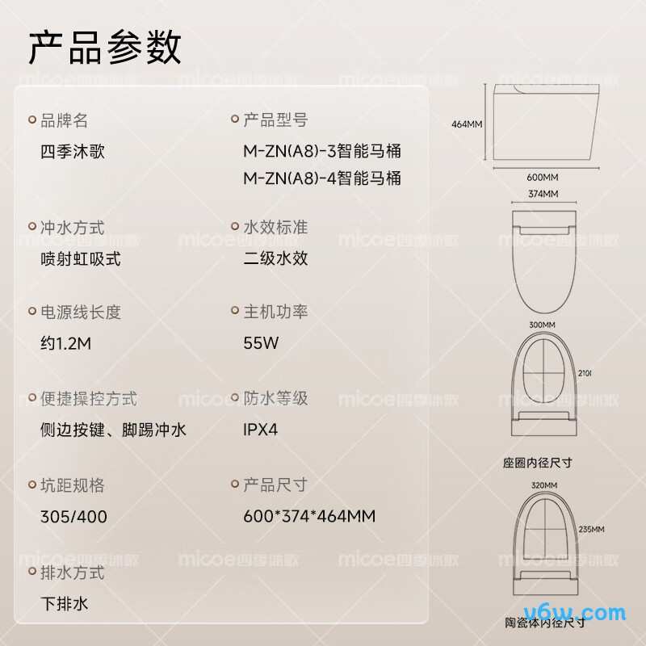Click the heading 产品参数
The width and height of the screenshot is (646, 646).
tap(105, 48)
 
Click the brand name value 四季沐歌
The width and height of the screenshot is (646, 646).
tap(73, 152)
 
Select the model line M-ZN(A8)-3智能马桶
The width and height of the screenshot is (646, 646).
tap(322, 151)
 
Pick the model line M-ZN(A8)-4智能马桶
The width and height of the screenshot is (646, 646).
tap(322, 178)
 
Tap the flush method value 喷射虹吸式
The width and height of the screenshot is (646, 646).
tap(81, 259)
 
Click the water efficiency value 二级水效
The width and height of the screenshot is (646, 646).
tap(275, 258)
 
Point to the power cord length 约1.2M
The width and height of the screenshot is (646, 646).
tap(66, 343)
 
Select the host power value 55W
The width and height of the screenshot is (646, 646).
tap(261, 342)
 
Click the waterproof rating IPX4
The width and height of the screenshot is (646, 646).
tap(260, 430)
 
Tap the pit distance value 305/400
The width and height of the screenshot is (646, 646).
tap(73, 517)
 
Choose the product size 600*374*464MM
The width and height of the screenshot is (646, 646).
tap(309, 516)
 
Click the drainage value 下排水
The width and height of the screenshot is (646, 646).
tap(65, 603)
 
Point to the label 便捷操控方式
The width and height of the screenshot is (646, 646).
tap(89, 399)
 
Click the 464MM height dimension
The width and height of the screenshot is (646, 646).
tap(467, 124)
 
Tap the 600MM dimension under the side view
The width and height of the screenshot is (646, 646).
tap(543, 178)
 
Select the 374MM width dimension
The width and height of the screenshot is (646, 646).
tap(543, 194)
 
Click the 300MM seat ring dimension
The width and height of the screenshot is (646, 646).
tap(542, 325)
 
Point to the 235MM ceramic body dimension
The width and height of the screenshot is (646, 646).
tap(592, 530)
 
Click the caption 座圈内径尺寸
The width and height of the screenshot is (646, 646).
tap(538, 463)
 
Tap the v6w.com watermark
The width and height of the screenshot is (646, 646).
tap(575, 613)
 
